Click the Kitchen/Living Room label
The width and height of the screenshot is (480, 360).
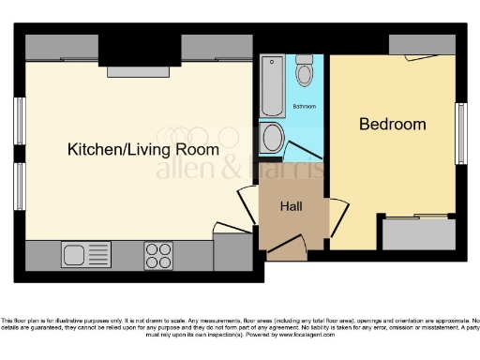click(x=142, y=149)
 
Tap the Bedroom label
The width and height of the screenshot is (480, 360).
click(x=393, y=124)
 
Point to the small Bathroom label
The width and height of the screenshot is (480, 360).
click(x=305, y=106)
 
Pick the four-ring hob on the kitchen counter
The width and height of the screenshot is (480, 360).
click(x=157, y=254)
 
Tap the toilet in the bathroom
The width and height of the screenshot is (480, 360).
click(x=305, y=71)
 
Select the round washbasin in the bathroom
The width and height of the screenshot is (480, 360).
click(x=273, y=139)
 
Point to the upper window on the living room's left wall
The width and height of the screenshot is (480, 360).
click(x=18, y=120)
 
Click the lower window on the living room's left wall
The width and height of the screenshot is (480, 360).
click(x=18, y=186)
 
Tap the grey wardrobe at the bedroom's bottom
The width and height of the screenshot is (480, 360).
click(x=419, y=233)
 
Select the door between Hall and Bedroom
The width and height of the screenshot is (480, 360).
click(x=335, y=214)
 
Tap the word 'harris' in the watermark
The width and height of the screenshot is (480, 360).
click(x=292, y=170)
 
